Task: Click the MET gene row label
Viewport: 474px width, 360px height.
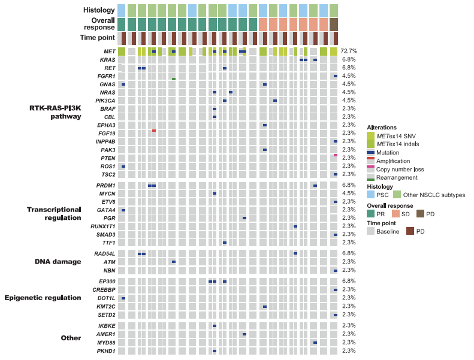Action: click(109, 52)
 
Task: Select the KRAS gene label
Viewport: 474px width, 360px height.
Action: click(108, 60)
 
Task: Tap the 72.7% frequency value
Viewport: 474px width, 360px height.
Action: click(349, 52)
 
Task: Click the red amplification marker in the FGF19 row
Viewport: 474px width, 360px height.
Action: click(154, 130)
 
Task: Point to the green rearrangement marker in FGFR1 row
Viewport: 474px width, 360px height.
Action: click(174, 78)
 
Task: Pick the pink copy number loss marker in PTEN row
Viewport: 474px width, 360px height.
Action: click(336, 155)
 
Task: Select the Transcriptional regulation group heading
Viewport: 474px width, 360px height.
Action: click(54, 214)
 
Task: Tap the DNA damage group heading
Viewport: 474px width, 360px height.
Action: click(58, 262)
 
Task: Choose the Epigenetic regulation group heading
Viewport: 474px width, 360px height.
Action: click(43, 298)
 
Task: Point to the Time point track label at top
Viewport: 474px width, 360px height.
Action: click(98, 38)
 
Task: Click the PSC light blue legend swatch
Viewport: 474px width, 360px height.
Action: click(370, 195)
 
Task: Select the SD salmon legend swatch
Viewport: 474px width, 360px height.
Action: click(396, 213)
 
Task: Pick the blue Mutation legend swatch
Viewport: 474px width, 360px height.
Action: click(370, 153)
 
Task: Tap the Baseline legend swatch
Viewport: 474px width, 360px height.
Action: click(370, 231)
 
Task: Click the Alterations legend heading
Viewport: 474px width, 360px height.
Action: click(382, 127)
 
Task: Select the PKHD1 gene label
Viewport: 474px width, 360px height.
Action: click(106, 350)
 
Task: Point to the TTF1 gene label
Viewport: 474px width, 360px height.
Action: click(108, 243)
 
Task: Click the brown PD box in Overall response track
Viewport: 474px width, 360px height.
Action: click(334, 24)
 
